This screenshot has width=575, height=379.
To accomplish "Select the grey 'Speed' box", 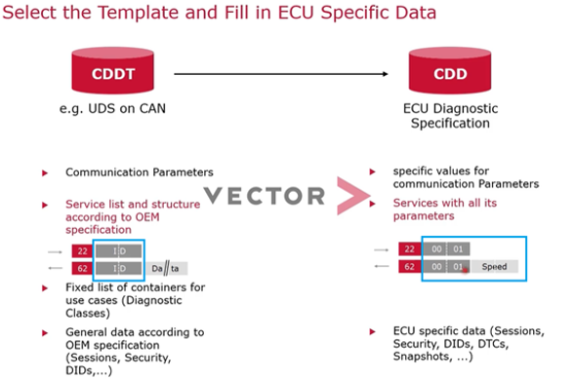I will [495, 265].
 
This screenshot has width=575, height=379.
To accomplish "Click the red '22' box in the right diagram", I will [406, 247].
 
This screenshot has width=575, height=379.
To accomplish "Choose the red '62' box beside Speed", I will [406, 265].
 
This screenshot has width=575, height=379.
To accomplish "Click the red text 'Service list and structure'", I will [133, 205].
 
